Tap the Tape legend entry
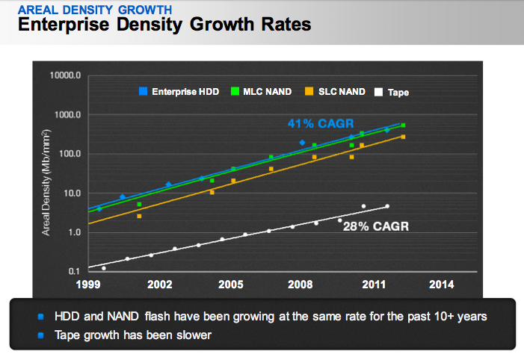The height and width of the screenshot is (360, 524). tap(392, 92)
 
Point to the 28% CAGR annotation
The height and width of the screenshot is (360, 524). tap(375, 226)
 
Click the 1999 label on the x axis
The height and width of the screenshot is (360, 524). tap(88, 285)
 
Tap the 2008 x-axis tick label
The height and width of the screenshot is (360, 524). tap(300, 285)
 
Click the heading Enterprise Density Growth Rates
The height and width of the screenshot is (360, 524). tap(164, 25)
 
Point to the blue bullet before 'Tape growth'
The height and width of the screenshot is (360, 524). tap(40, 335)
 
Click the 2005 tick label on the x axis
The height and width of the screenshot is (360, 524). tap(230, 285)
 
